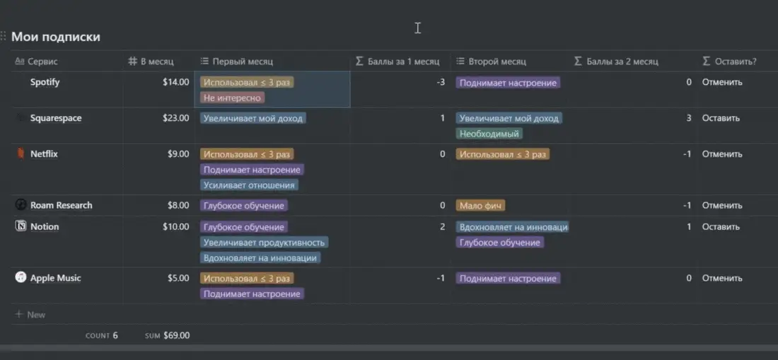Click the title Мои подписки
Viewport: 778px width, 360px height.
[56, 37]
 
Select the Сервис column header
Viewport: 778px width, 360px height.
[36, 62]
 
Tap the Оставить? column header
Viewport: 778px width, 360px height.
[730, 62]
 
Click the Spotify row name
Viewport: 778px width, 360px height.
[45, 82]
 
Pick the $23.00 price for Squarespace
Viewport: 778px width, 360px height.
[175, 118]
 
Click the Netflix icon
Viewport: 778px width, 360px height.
[21, 154]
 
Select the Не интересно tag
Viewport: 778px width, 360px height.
[232, 98]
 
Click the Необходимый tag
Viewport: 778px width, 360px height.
[489, 134]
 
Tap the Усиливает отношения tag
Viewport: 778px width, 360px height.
[250, 185]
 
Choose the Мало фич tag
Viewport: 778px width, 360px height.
[480, 205]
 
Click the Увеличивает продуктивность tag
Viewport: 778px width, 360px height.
[264, 243]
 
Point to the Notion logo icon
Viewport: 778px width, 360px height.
[21, 226]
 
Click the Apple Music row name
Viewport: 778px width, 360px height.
[55, 278]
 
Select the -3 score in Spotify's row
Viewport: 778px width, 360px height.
[441, 82]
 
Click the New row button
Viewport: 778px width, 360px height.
[30, 314]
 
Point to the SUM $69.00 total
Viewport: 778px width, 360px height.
[167, 336]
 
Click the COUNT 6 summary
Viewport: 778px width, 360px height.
[102, 336]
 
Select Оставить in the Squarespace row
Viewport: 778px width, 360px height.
[721, 118]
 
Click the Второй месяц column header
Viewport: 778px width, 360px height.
[492, 62]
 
